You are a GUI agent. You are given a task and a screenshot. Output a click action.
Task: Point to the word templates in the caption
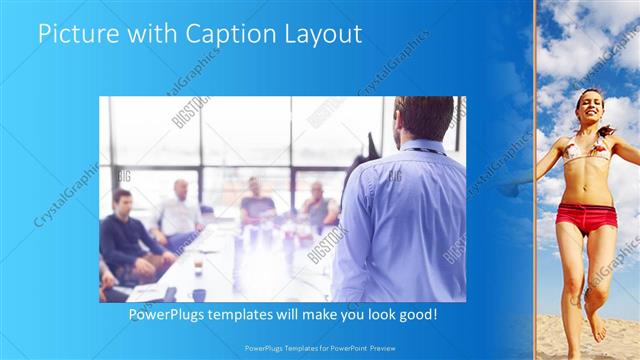tap(251, 314)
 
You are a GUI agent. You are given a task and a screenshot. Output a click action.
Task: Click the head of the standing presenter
tap(424, 118)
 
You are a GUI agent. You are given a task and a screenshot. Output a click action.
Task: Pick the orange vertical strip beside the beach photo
tap(535, 180)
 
